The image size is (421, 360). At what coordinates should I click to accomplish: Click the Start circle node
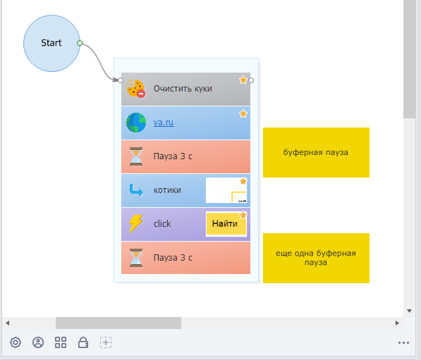pyautogui.click(x=51, y=43)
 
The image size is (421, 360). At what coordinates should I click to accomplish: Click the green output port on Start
pyautogui.click(x=80, y=43)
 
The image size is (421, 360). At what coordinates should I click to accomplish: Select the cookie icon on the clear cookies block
pyautogui.click(x=136, y=89)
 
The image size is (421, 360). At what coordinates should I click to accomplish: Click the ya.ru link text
pyautogui.click(x=164, y=123)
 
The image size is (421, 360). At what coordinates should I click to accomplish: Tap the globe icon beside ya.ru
pyautogui.click(x=136, y=123)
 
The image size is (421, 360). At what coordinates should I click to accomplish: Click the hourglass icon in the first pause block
pyautogui.click(x=136, y=156)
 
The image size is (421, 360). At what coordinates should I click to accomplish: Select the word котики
pyautogui.click(x=167, y=190)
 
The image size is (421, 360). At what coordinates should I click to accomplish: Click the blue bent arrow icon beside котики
pyautogui.click(x=136, y=190)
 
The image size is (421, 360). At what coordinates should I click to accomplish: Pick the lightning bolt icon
pyautogui.click(x=136, y=223)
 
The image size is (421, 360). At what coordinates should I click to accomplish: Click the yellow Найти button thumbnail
pyautogui.click(x=226, y=224)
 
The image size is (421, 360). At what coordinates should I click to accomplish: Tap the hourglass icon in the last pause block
pyautogui.click(x=136, y=258)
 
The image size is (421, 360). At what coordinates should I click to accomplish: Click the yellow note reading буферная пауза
pyautogui.click(x=316, y=152)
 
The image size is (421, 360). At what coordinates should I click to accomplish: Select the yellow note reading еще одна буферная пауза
pyautogui.click(x=316, y=258)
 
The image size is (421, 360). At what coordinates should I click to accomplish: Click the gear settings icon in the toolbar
pyautogui.click(x=16, y=342)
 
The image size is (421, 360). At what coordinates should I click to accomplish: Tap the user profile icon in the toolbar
pyautogui.click(x=38, y=342)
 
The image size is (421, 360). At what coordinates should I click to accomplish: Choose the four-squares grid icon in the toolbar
pyautogui.click(x=61, y=342)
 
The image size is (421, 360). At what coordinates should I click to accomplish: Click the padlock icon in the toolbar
pyautogui.click(x=83, y=342)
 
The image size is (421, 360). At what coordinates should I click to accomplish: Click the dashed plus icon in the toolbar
pyautogui.click(x=106, y=342)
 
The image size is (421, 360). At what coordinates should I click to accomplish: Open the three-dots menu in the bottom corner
pyautogui.click(x=403, y=343)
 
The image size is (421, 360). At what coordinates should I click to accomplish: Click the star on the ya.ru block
pyautogui.click(x=243, y=113)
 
